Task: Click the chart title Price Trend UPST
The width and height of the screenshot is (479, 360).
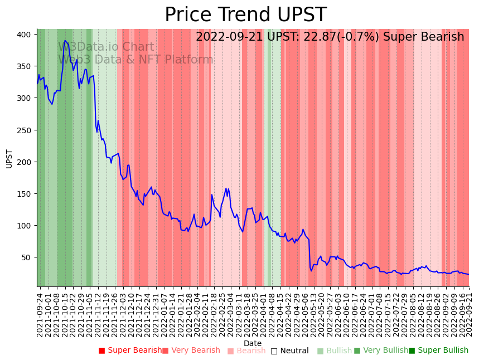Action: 245,15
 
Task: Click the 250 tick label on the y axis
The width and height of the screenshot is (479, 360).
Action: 24,130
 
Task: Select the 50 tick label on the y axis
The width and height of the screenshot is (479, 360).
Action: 26,257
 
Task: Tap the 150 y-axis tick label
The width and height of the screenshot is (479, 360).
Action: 24,194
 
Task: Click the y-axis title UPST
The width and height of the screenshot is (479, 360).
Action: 9,158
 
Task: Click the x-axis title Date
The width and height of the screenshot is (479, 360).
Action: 253,343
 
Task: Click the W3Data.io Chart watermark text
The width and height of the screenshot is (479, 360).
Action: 106,47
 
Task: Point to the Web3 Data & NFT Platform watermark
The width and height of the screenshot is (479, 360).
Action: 136,60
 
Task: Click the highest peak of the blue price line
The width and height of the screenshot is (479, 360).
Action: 65,41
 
